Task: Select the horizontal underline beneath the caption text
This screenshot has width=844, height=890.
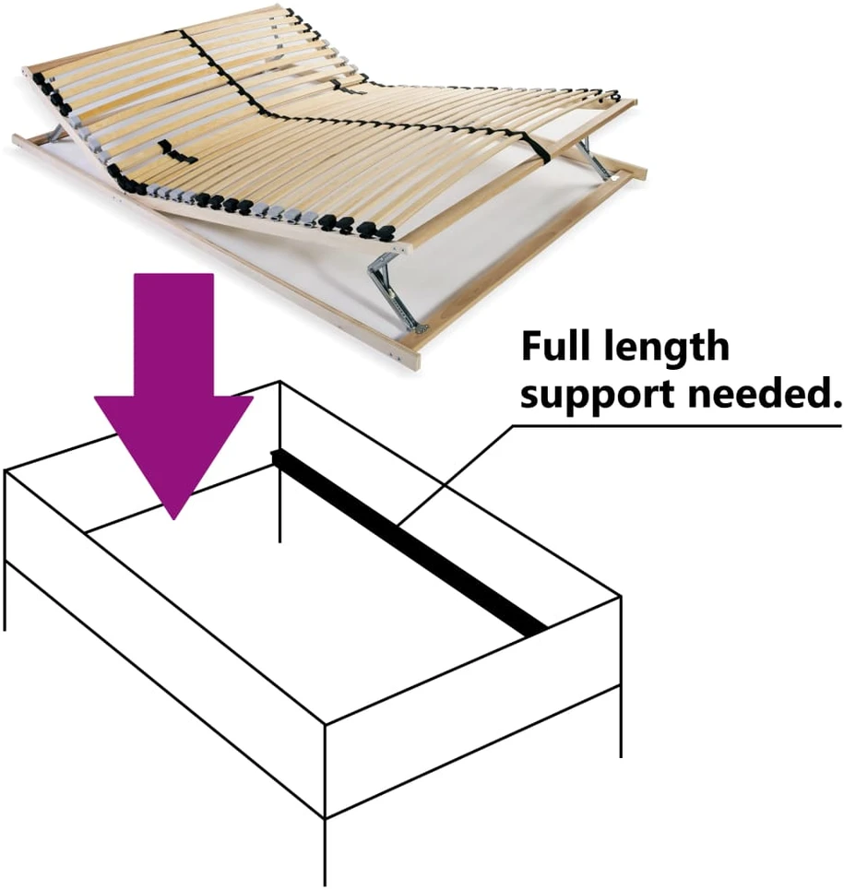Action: click(677, 426)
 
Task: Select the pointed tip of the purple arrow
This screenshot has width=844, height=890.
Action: click(173, 519)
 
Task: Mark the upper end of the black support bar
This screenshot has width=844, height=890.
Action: click(275, 454)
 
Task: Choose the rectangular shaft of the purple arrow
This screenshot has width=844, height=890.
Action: click(173, 335)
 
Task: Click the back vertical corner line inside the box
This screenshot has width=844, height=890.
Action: click(279, 462)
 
